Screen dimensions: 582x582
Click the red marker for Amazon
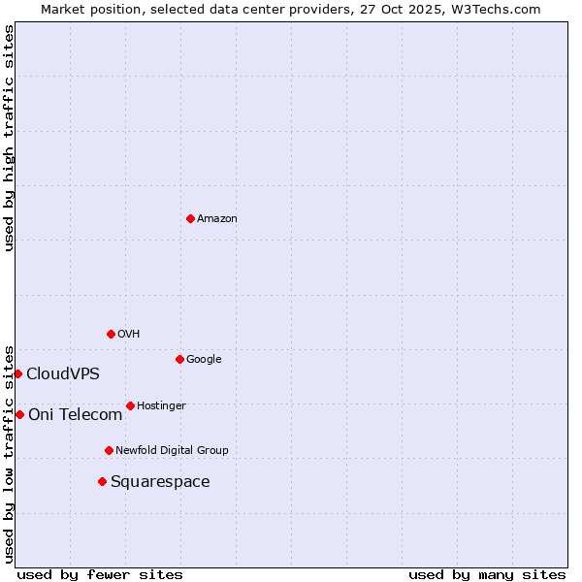(x=190, y=218)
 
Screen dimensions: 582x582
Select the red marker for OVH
(x=111, y=334)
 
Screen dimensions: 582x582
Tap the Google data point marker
(x=179, y=359)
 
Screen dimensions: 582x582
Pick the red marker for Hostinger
(x=130, y=405)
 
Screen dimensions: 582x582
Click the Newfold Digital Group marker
(x=109, y=450)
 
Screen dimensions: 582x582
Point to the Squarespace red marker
(x=102, y=481)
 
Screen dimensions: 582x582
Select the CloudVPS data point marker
(x=17, y=373)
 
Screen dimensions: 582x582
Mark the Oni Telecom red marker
(x=19, y=414)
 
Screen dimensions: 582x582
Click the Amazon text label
(x=217, y=219)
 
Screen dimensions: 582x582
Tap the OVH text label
(x=129, y=335)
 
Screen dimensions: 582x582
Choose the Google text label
(x=204, y=360)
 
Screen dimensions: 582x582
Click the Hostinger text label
(x=161, y=406)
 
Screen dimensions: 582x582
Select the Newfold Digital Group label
(x=172, y=451)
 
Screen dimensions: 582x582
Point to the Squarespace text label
(x=160, y=482)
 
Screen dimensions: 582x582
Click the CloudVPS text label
(x=63, y=374)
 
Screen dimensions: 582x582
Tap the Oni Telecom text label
(x=76, y=415)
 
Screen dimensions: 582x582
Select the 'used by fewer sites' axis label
(x=100, y=574)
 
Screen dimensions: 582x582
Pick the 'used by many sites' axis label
(x=487, y=574)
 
